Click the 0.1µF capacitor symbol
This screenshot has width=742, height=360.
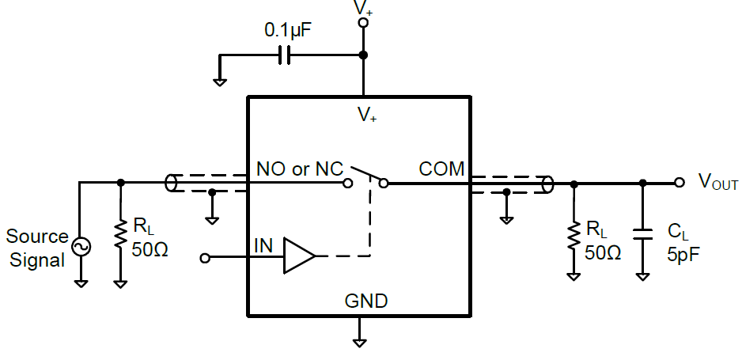[x=286, y=55]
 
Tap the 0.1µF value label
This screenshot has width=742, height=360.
[x=288, y=31]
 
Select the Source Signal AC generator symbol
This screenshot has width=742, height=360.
[x=81, y=247]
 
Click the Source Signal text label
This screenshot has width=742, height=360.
[x=36, y=248]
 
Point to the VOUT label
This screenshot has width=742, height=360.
[x=717, y=183]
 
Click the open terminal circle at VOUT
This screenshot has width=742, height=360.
[x=679, y=183]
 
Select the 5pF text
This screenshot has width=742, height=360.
[x=683, y=255]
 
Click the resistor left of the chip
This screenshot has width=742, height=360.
[x=120, y=233]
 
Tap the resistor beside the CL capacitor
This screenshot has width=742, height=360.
[x=574, y=233]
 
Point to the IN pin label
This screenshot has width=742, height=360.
[x=264, y=245]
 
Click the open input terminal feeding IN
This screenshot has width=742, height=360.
[x=206, y=258]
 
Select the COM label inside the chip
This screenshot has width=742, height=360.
[x=441, y=169]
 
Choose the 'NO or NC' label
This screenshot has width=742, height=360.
[x=300, y=169]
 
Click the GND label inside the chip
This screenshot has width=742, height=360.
[x=365, y=301]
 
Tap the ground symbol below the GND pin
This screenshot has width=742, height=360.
[x=360, y=343]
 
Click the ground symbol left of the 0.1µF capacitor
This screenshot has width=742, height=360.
[x=220, y=81]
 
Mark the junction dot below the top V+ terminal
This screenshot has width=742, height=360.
[x=363, y=55]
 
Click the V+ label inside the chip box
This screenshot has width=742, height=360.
[x=366, y=116]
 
